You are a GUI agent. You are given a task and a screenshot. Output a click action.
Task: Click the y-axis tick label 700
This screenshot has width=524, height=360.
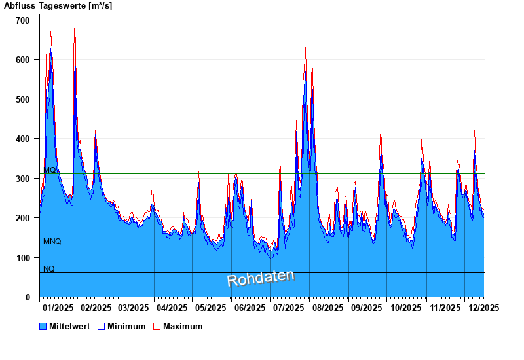point(23,20)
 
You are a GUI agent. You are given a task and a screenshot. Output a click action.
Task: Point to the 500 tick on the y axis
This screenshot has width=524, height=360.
point(23,99)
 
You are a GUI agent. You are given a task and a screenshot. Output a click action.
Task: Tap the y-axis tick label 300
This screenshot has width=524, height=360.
point(23,179)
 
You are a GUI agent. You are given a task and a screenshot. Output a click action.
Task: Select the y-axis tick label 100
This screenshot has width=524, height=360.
point(23,258)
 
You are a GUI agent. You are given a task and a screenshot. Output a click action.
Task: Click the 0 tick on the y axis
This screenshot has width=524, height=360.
point(28,297)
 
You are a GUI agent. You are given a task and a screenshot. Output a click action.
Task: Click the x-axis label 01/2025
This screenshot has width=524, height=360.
point(58,307)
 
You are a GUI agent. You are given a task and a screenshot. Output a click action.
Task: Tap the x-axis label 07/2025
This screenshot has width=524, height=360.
point(289,307)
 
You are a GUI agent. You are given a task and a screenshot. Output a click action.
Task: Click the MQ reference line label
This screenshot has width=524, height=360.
point(50,170)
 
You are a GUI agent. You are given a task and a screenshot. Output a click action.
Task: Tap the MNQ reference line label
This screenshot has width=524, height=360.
point(52,242)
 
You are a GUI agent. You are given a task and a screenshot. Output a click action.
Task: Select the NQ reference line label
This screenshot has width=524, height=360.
point(49,269)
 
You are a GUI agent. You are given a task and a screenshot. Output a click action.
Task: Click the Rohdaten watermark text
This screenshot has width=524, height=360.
point(261,278)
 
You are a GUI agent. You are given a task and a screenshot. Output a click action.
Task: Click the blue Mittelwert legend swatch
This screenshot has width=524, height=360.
point(43,326)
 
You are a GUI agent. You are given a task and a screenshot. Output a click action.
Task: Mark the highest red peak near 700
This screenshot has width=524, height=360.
point(75,22)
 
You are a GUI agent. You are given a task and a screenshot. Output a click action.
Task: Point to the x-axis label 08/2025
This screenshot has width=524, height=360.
point(327,307)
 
